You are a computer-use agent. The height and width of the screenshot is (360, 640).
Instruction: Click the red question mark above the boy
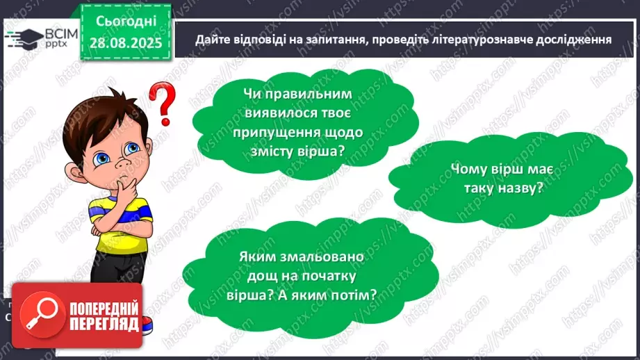[162, 102]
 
